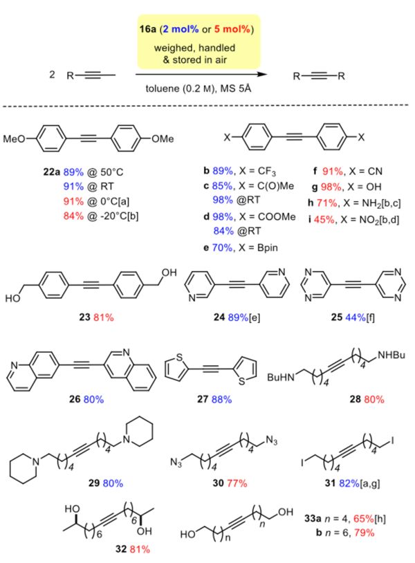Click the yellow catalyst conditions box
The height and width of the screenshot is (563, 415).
(x=199, y=41)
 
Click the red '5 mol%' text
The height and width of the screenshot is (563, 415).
(x=232, y=29)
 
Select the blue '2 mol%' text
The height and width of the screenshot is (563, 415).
(x=181, y=29)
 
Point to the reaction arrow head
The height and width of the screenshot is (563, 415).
(x=263, y=74)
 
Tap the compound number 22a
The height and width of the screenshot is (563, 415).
(x=52, y=172)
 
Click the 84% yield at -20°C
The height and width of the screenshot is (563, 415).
(x=73, y=216)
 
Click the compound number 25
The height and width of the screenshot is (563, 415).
(x=337, y=317)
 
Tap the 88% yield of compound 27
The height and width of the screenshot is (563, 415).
(x=221, y=399)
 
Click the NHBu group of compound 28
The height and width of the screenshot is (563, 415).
(x=391, y=355)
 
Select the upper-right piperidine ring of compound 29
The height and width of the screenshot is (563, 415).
(x=138, y=432)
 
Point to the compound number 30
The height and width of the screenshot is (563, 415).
(x=219, y=483)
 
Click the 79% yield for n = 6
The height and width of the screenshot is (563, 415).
(x=364, y=532)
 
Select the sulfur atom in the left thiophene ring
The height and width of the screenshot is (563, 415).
(x=180, y=358)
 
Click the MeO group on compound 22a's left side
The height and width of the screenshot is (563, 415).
(x=15, y=138)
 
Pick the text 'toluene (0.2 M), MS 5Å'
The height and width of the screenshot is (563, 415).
(x=199, y=89)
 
